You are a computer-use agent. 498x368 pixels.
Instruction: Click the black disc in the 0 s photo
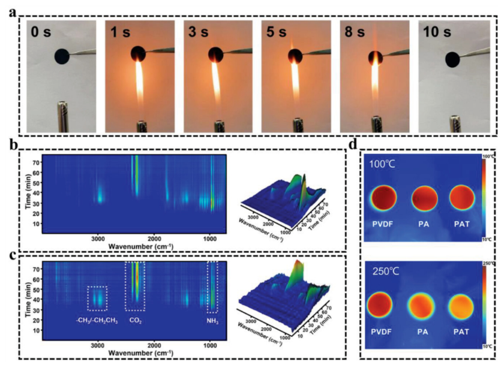coord(62,57)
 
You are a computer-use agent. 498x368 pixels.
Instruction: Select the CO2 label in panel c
coord(136,319)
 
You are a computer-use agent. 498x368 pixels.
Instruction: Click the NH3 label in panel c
coord(212,319)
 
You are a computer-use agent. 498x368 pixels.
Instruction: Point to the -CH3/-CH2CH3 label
coord(97,319)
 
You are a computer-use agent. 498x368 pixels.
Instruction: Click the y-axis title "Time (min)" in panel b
coord(28,192)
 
